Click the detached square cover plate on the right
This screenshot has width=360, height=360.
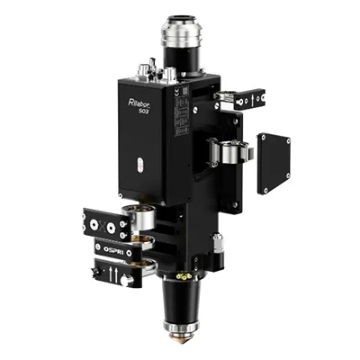pyautogui.click(x=274, y=163)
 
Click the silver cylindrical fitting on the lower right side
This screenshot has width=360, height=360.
pyautogui.click(x=216, y=241)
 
